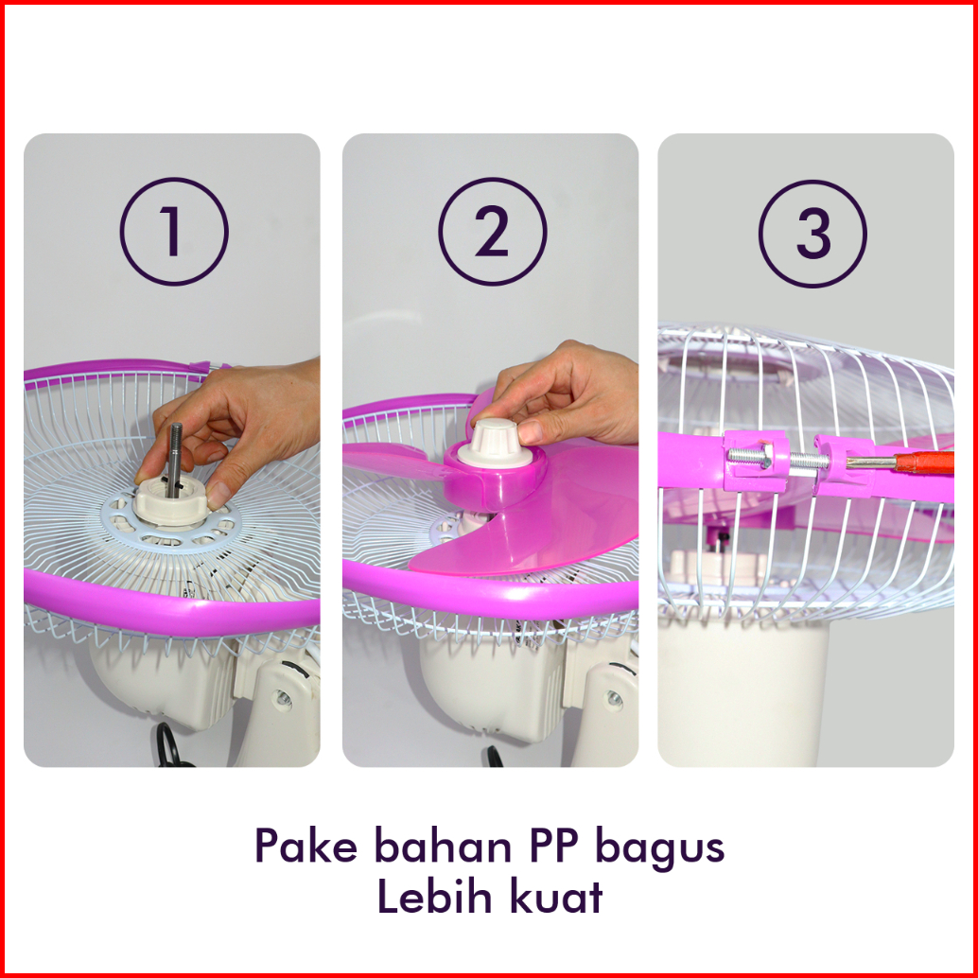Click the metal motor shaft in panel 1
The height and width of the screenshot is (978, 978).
174,459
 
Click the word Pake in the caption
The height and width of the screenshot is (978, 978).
306,846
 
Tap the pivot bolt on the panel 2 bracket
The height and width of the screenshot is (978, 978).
615,699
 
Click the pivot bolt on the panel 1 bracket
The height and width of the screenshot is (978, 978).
283,698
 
